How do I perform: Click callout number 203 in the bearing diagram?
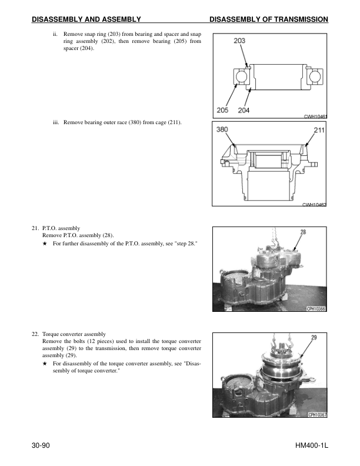[239, 41]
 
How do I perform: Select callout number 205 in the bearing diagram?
[222, 110]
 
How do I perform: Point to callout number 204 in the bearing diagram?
[244, 110]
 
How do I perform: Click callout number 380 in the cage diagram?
[223, 129]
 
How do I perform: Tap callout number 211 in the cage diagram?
[319, 131]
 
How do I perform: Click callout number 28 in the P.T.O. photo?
[302, 232]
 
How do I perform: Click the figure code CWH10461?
[315, 116]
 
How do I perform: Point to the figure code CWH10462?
[314, 204]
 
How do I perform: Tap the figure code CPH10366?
[316, 309]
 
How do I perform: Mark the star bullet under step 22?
[45, 364]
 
